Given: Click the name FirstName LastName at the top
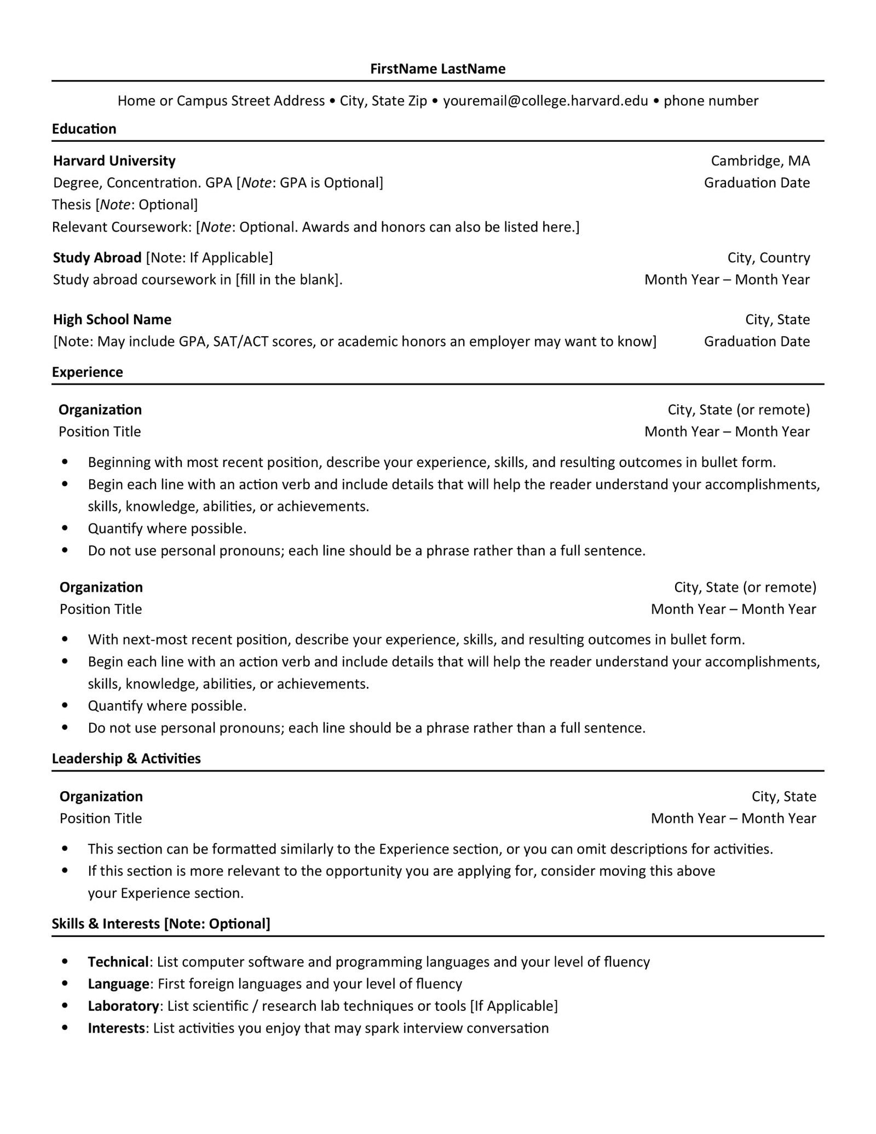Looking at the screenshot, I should (437, 69).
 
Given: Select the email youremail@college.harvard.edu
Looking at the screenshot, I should (545, 101).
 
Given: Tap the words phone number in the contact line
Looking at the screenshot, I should (711, 101).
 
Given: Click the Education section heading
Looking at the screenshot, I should (84, 129).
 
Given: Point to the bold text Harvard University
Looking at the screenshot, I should (114, 161).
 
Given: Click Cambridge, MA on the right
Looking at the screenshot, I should (760, 161).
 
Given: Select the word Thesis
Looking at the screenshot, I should (72, 205).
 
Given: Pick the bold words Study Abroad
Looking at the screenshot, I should (97, 258).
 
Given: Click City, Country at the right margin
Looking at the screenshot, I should (768, 258).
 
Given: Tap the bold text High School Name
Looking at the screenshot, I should (112, 320).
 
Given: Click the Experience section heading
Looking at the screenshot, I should (88, 372).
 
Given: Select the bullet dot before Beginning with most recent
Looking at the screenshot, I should (65, 463).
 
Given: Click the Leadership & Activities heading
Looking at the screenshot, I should (126, 759).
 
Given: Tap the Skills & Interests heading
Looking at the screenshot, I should (161, 924).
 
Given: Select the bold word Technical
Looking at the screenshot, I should (118, 962).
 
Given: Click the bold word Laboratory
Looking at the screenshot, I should (123, 1006).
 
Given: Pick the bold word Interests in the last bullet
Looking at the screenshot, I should (117, 1028).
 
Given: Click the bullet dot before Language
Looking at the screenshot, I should (65, 985).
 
